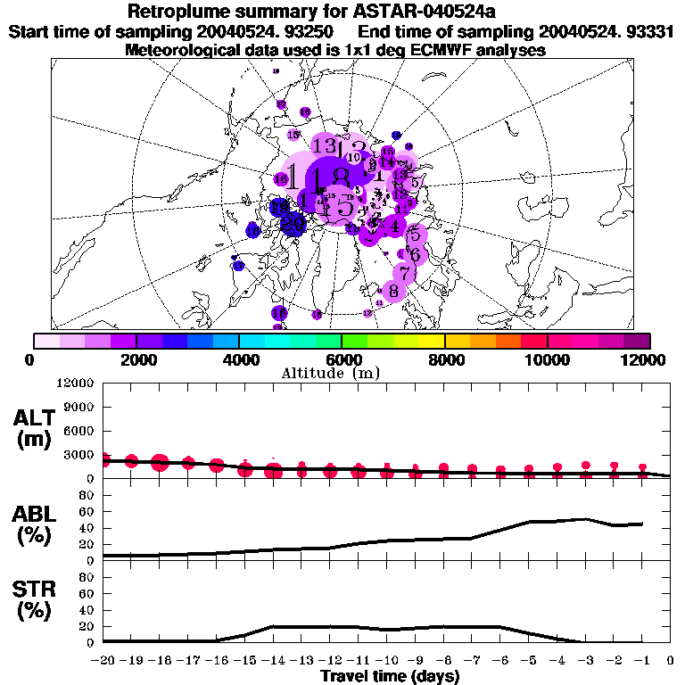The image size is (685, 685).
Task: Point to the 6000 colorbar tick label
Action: pyautogui.click(x=342, y=359)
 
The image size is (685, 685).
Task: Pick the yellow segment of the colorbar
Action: pyautogui.click(x=432, y=341)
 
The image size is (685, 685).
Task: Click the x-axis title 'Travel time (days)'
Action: pyautogui.click(x=390, y=677)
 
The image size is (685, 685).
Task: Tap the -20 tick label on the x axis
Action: pyautogui.click(x=103, y=662)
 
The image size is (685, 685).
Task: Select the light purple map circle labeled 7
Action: pyautogui.click(x=405, y=274)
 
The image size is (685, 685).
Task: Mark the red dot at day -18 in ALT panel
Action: pyautogui.click(x=161, y=462)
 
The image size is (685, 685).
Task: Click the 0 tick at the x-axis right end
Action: pyautogui.click(x=670, y=662)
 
